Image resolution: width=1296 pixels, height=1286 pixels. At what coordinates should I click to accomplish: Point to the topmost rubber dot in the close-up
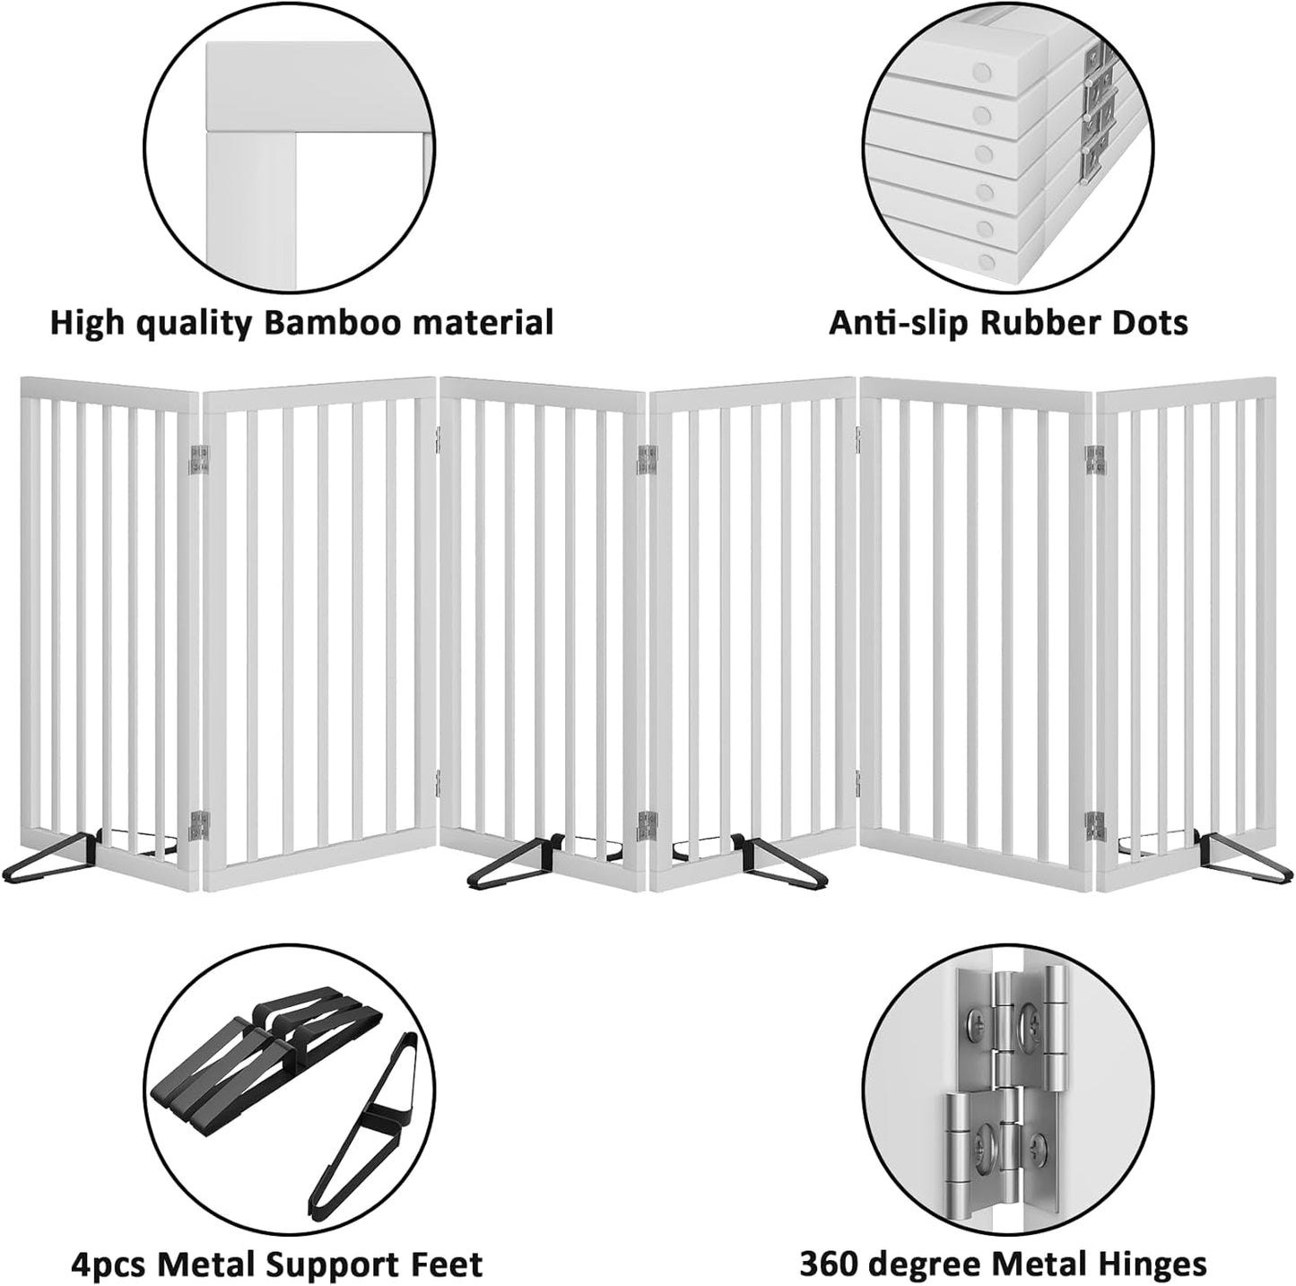coord(984,71)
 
